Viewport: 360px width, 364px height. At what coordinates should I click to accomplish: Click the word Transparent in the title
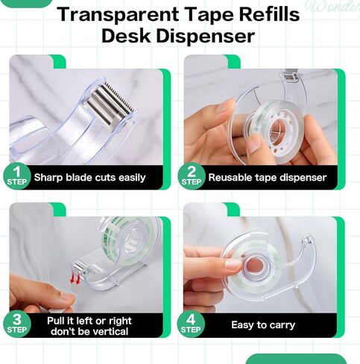coord(118,14)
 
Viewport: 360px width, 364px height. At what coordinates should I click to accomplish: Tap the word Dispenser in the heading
coord(206,37)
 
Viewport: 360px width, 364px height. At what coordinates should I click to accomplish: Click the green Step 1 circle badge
coord(17,176)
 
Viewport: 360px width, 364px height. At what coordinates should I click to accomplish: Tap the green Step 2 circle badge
coord(192,176)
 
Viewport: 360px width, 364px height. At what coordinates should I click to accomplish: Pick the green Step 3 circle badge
coord(17,324)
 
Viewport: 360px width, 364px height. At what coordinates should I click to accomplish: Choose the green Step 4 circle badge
coord(191,324)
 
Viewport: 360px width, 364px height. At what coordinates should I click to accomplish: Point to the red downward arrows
coord(75,278)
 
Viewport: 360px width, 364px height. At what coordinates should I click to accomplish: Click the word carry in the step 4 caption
coord(282,325)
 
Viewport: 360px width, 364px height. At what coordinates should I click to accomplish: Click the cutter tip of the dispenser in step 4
coord(308,240)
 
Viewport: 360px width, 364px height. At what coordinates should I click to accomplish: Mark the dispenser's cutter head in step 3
coord(79,266)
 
